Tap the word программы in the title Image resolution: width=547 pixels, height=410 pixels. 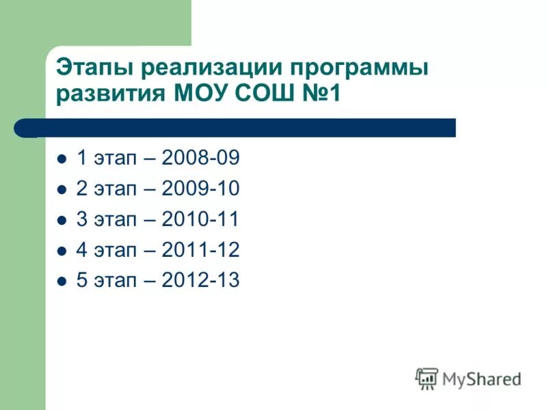(360, 70)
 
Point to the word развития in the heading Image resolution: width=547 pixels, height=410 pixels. (110, 94)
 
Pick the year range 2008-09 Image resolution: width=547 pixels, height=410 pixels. (201, 159)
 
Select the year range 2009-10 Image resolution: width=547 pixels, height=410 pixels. (201, 189)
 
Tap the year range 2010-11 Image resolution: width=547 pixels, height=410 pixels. (201, 219)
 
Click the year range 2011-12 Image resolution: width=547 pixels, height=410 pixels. (201, 250)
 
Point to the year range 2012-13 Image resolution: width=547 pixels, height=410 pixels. (201, 280)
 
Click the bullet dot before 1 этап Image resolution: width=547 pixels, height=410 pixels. (62, 159)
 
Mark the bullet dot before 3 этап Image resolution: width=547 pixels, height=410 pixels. (62, 220)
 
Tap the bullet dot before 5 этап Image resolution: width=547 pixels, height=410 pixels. (62, 281)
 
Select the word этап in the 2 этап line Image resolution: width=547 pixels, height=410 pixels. (115, 190)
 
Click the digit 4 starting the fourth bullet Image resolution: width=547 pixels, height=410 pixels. (81, 250)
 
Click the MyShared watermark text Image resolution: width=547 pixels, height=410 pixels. (481, 379)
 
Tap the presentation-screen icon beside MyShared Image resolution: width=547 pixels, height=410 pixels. (427, 378)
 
